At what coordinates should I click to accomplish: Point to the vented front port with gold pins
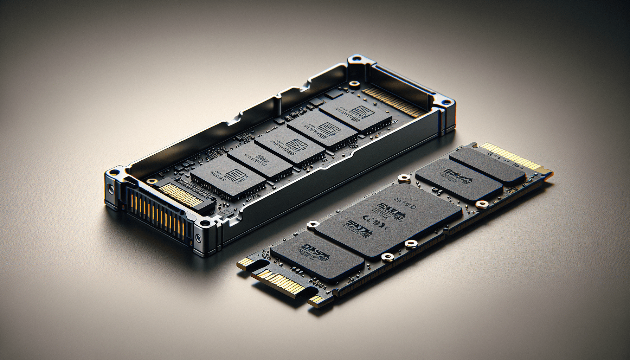coord(158,215)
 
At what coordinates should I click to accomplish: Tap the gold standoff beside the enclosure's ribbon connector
coord(152,181)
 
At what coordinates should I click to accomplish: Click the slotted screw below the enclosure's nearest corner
coord(198,239)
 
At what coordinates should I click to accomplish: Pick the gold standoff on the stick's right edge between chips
coord(481,204)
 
